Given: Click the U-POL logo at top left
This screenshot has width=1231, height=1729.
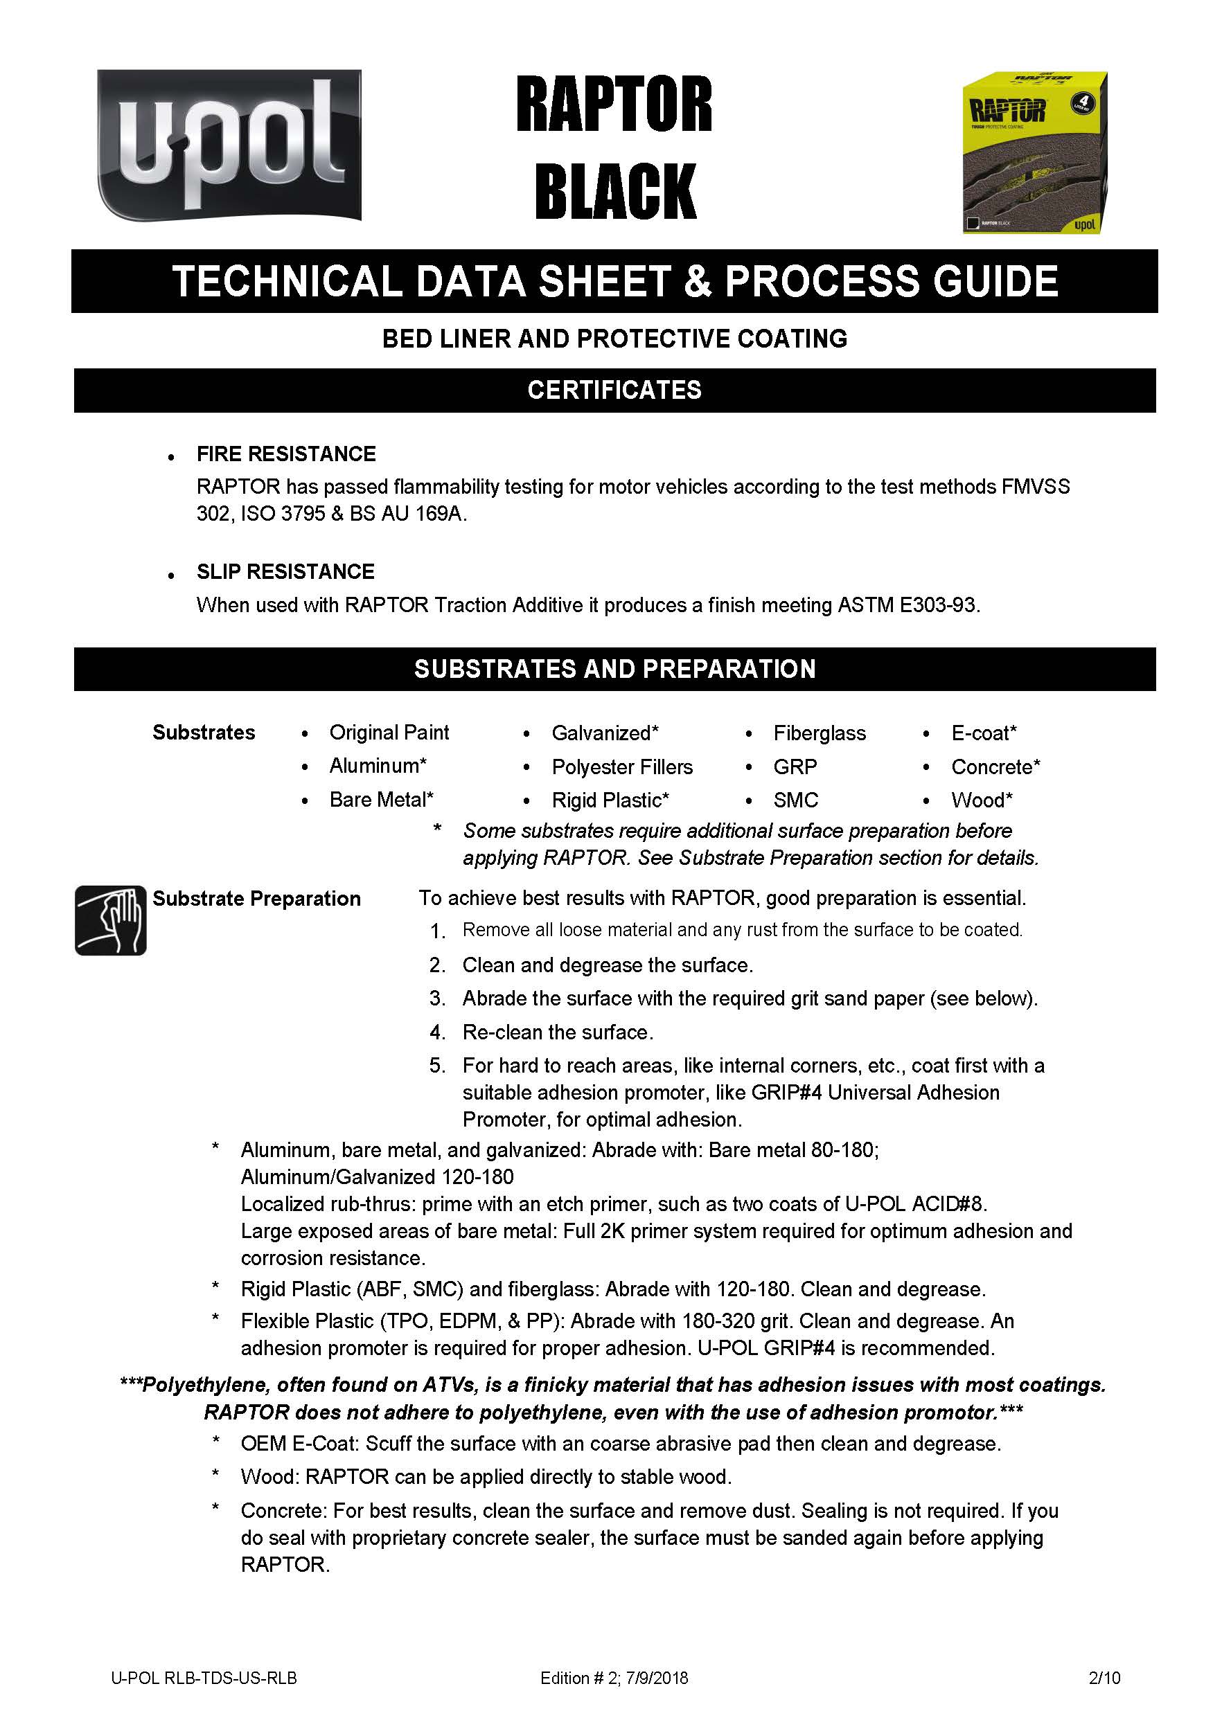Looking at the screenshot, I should coord(229,145).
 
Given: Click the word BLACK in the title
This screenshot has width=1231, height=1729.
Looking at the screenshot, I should coord(614,192).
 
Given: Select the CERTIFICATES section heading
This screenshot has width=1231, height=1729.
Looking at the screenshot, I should coord(614,391).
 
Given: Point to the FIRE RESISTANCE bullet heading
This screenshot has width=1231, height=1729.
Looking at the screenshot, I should coord(286,454).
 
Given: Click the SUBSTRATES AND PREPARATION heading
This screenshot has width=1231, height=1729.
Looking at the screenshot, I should coord(614,669).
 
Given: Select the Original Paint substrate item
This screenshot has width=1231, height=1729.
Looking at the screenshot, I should coord(389,733).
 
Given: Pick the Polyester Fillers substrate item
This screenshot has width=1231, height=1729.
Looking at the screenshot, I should coord(621,767).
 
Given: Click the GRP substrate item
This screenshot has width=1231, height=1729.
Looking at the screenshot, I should coord(795,767).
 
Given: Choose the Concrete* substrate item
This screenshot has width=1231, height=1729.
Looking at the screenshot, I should coord(995,767).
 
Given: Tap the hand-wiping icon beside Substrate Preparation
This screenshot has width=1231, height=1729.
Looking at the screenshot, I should coord(111,920).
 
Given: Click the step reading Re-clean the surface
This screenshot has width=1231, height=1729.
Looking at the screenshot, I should coord(558,1032).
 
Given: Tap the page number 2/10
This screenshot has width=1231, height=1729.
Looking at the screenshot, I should coord(1104,1678).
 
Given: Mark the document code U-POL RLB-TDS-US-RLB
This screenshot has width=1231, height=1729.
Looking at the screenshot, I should coord(204,1678).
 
